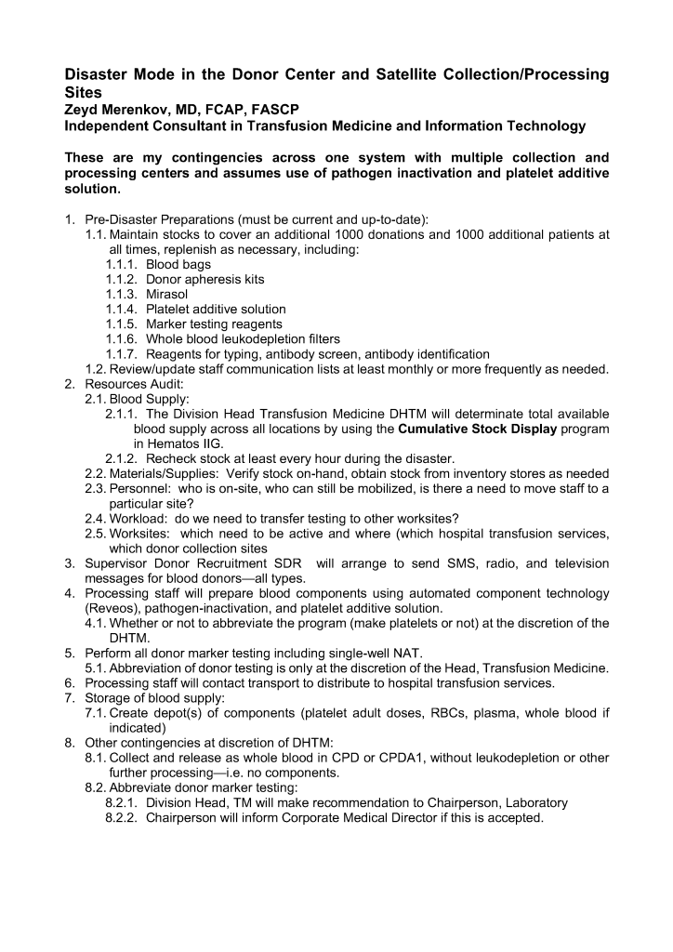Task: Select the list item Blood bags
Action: pos(177,264)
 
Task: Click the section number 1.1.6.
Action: pos(122,338)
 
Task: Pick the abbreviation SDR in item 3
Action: pos(288,563)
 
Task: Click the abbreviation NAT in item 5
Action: pos(416,653)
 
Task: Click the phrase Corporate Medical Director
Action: pos(347,817)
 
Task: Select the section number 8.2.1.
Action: pos(122,802)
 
